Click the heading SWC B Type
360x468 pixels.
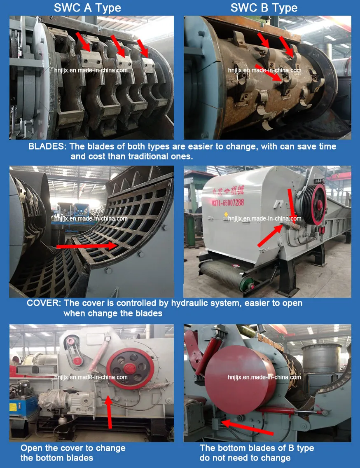click(x=264, y=8)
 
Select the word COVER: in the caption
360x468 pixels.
click(x=44, y=303)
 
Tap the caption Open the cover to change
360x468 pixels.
click(x=73, y=448)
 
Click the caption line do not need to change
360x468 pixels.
click(x=245, y=458)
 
